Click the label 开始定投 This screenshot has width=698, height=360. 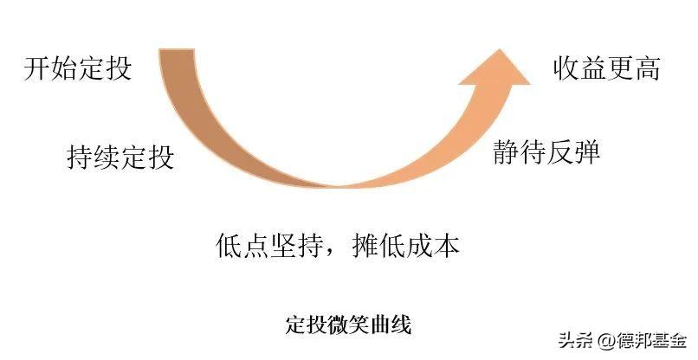(x=78, y=68)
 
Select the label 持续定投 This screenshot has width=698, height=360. (x=120, y=157)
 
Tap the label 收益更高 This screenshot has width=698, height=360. (x=607, y=68)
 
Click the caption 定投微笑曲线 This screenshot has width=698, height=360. (x=348, y=325)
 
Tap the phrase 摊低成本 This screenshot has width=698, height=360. (x=405, y=246)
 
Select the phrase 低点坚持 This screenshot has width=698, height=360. (x=268, y=246)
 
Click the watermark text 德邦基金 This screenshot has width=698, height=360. (x=650, y=340)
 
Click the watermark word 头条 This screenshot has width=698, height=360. (x=576, y=340)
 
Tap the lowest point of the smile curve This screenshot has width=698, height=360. (x=339, y=187)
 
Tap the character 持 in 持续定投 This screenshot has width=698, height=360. (x=81, y=157)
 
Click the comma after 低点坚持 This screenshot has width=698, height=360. (x=333, y=253)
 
